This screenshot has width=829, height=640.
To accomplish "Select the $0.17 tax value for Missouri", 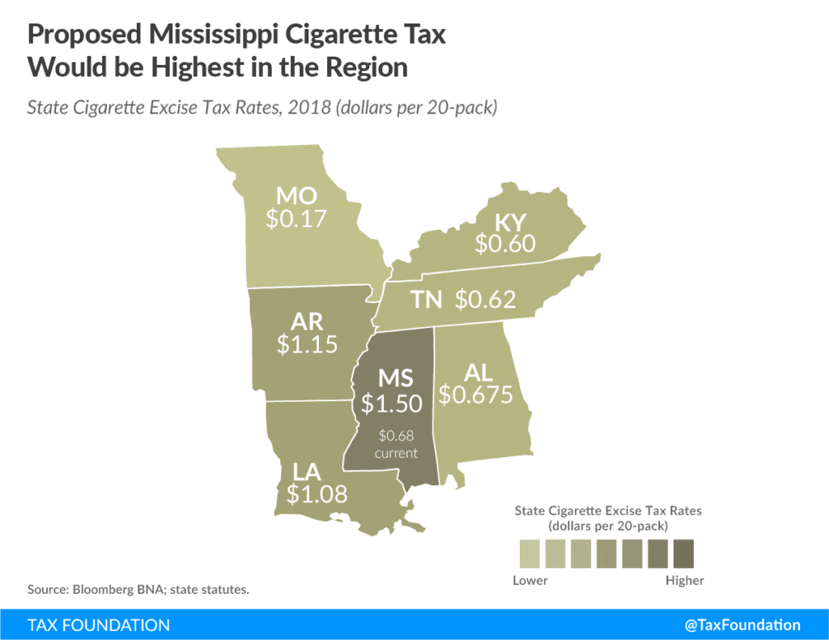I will point(296,219).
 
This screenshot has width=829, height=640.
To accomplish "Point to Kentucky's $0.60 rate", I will point(505,244).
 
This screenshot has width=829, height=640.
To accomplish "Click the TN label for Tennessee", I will point(426,300).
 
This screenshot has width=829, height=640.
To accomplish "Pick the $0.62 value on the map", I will point(485,300).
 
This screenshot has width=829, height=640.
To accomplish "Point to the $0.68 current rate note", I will point(395,437).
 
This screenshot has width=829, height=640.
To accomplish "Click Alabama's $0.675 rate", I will point(476,394).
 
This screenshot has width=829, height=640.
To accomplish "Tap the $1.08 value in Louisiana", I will point(317,493).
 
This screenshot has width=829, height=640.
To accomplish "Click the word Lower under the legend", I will point(530,581).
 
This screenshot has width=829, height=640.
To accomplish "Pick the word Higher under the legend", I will point(684,581).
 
